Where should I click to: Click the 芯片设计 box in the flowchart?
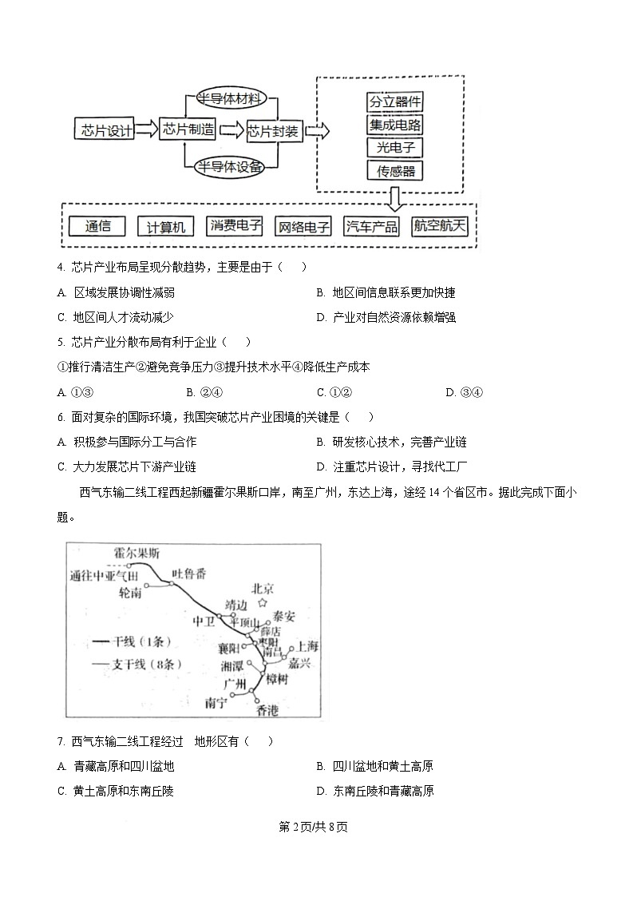point(103,130)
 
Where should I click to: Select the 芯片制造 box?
point(188,130)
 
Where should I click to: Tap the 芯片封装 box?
point(273,131)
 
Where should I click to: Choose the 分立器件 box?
point(394,102)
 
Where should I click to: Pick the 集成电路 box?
point(394,125)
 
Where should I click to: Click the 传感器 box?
point(394,170)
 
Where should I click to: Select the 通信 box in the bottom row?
point(94,226)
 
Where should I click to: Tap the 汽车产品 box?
point(371,227)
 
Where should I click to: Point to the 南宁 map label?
point(216,702)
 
